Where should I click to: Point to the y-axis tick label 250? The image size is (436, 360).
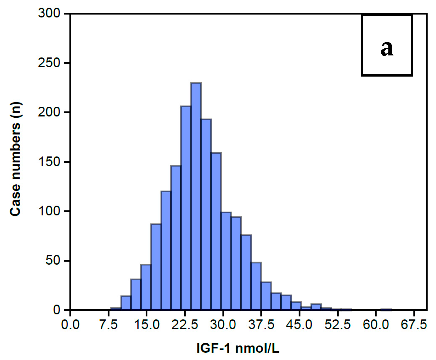[49, 62]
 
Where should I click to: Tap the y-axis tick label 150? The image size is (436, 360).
[49, 162]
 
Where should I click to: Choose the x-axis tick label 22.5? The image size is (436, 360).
[184, 325]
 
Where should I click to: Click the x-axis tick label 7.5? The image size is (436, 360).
[108, 325]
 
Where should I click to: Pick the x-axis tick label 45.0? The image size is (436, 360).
[299, 325]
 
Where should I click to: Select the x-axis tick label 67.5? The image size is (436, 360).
[414, 325]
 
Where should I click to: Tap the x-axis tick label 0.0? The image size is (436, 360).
[70, 325]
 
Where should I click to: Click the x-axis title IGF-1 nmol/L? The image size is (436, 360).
[238, 348]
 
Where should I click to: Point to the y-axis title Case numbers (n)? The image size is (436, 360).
[15, 159]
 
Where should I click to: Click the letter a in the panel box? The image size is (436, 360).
[387, 48]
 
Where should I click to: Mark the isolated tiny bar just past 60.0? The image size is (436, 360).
[386, 310]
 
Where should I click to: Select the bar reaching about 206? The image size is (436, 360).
[186, 208]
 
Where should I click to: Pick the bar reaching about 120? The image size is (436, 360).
[166, 251]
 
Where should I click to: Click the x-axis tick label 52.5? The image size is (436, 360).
[337, 325]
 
